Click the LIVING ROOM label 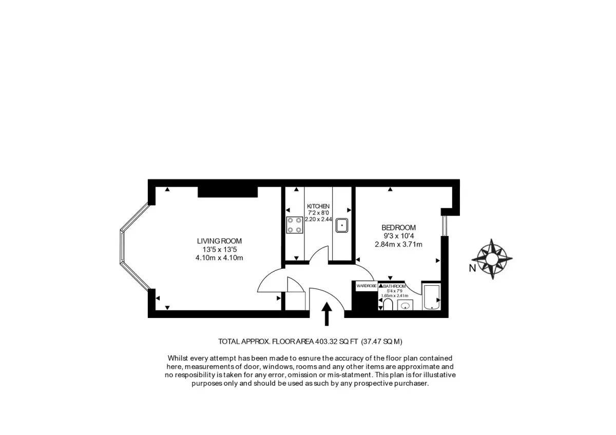219,241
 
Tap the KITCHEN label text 318,206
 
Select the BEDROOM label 398,228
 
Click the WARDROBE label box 367,286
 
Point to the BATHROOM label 394,286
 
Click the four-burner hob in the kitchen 295,225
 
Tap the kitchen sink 341,225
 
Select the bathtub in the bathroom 432,297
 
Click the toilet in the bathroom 388,305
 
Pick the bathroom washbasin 406,305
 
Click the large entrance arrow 326,314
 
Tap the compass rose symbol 492,259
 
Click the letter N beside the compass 472,268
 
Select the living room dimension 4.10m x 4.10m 219,258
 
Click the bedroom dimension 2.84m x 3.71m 398,244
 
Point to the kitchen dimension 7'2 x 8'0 318,213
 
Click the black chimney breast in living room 228,192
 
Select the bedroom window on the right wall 445,226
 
